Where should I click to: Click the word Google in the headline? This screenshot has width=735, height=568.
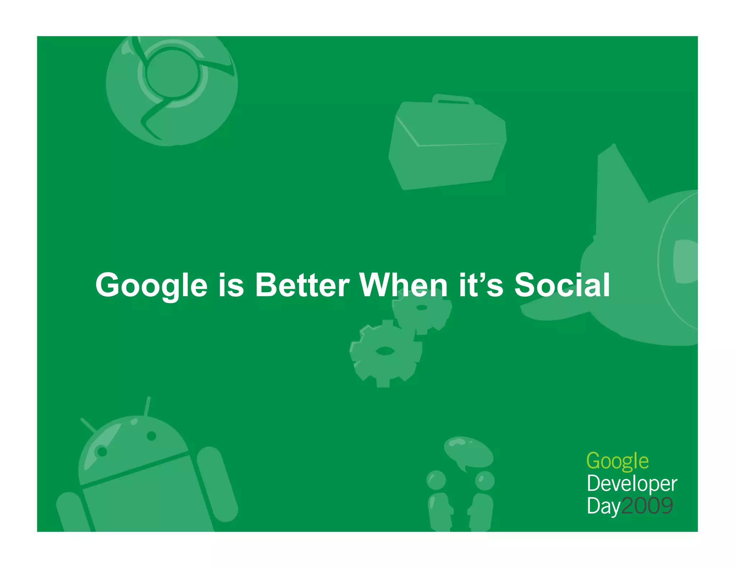151,285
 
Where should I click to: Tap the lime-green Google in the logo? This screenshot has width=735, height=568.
617,461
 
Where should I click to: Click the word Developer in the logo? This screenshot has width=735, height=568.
632,484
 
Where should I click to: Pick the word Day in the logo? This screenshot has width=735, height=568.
603,506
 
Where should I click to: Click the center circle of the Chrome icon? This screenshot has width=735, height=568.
173,73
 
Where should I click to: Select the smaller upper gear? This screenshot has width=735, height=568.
422,309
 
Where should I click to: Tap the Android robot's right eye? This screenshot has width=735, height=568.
151,436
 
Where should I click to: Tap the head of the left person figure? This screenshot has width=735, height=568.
436,480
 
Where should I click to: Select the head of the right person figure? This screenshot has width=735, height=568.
484,480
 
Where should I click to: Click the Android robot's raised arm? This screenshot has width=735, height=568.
217,483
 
